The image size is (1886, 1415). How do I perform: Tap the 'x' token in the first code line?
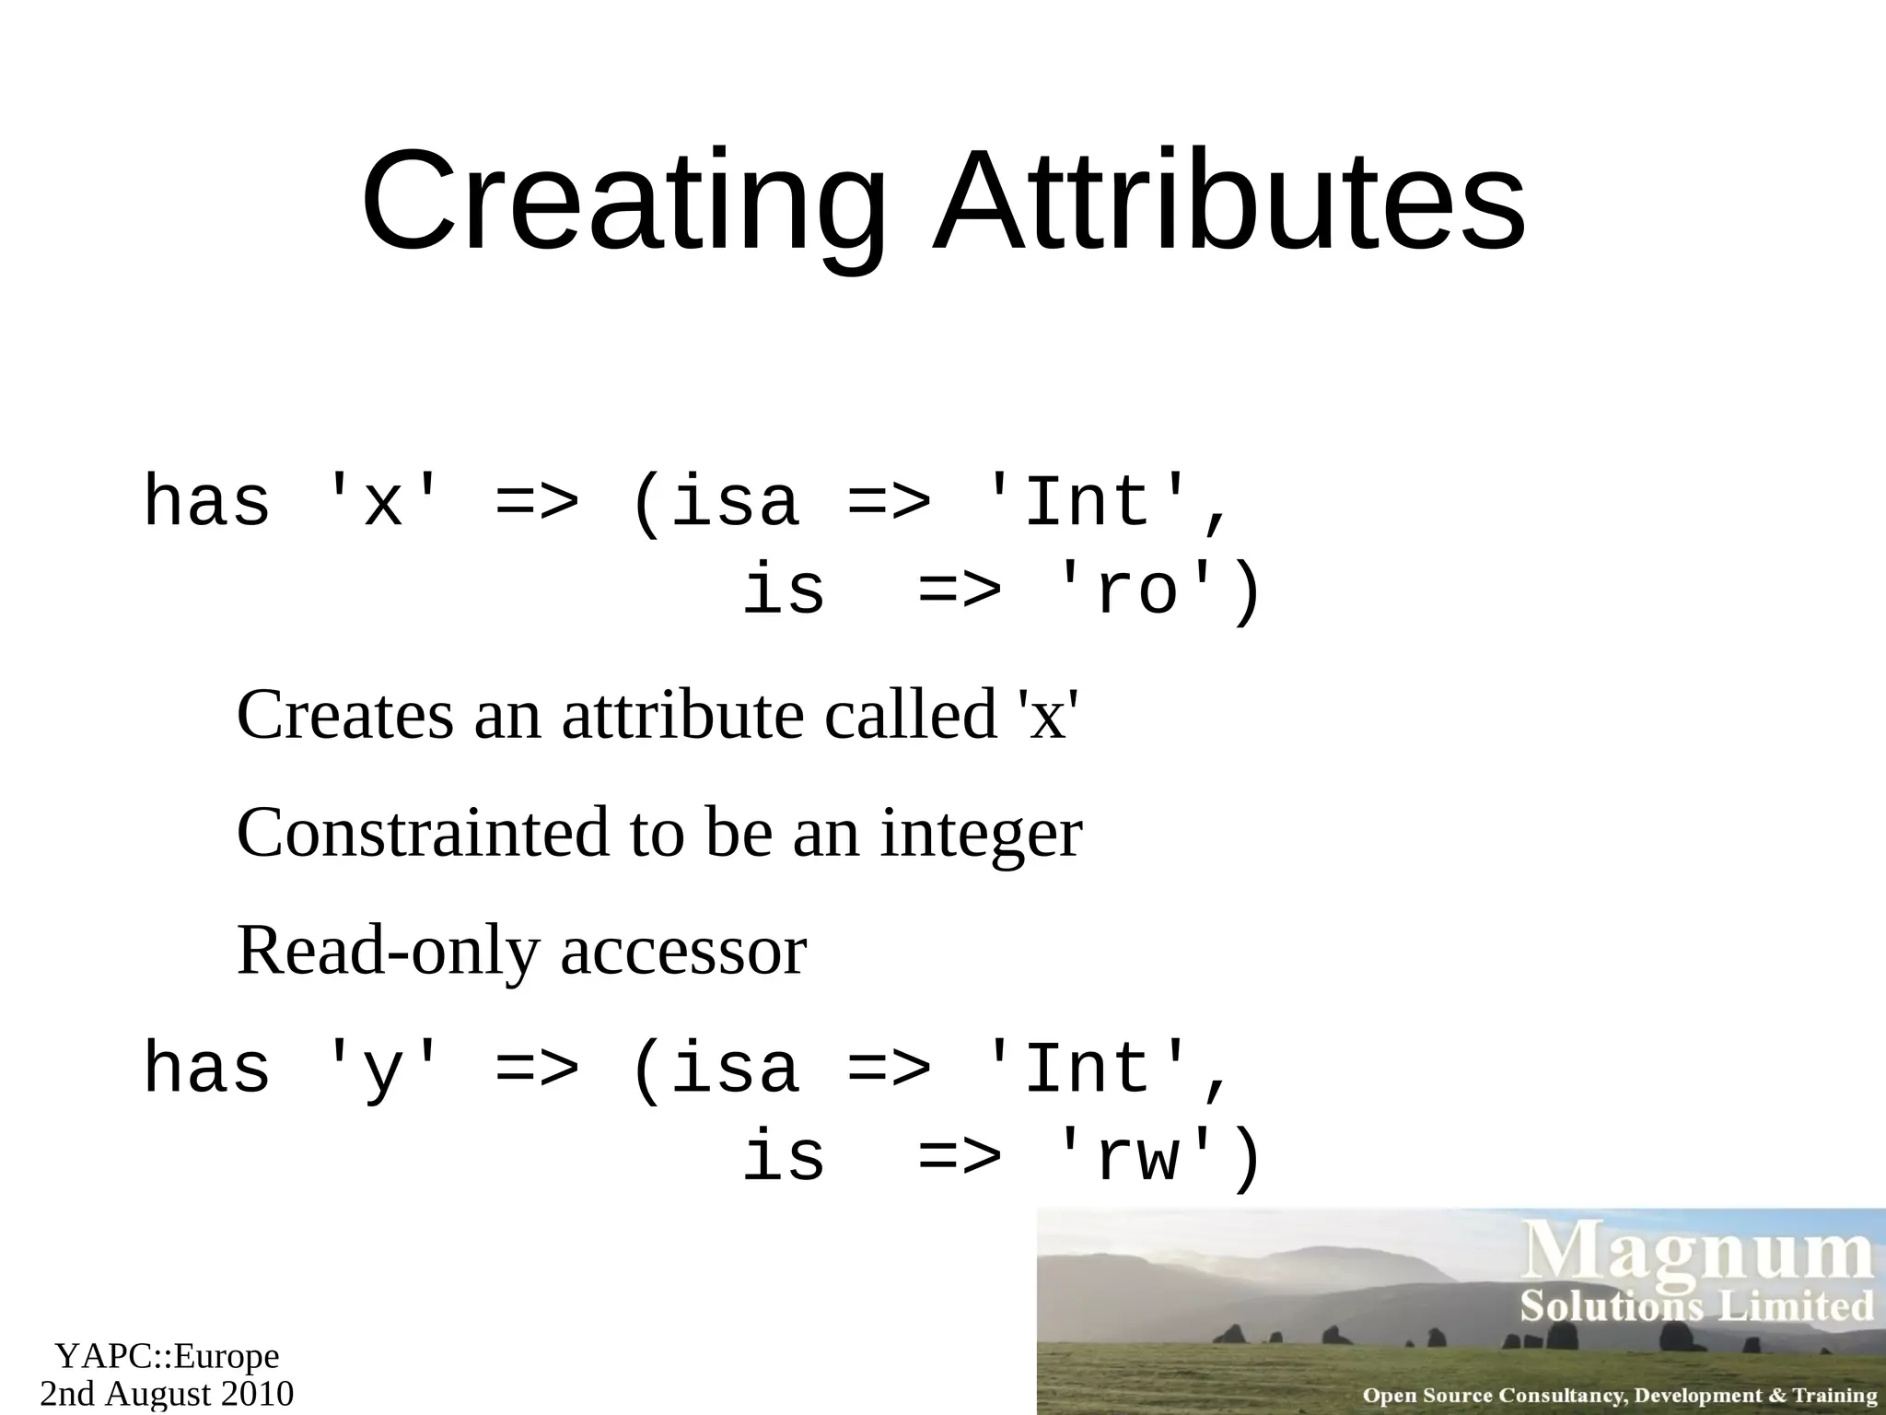382,503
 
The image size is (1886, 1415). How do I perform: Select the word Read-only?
388,952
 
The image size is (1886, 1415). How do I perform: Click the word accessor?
683,952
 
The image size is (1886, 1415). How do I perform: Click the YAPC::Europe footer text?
167,1356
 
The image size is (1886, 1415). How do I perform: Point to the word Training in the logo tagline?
1834,1395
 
